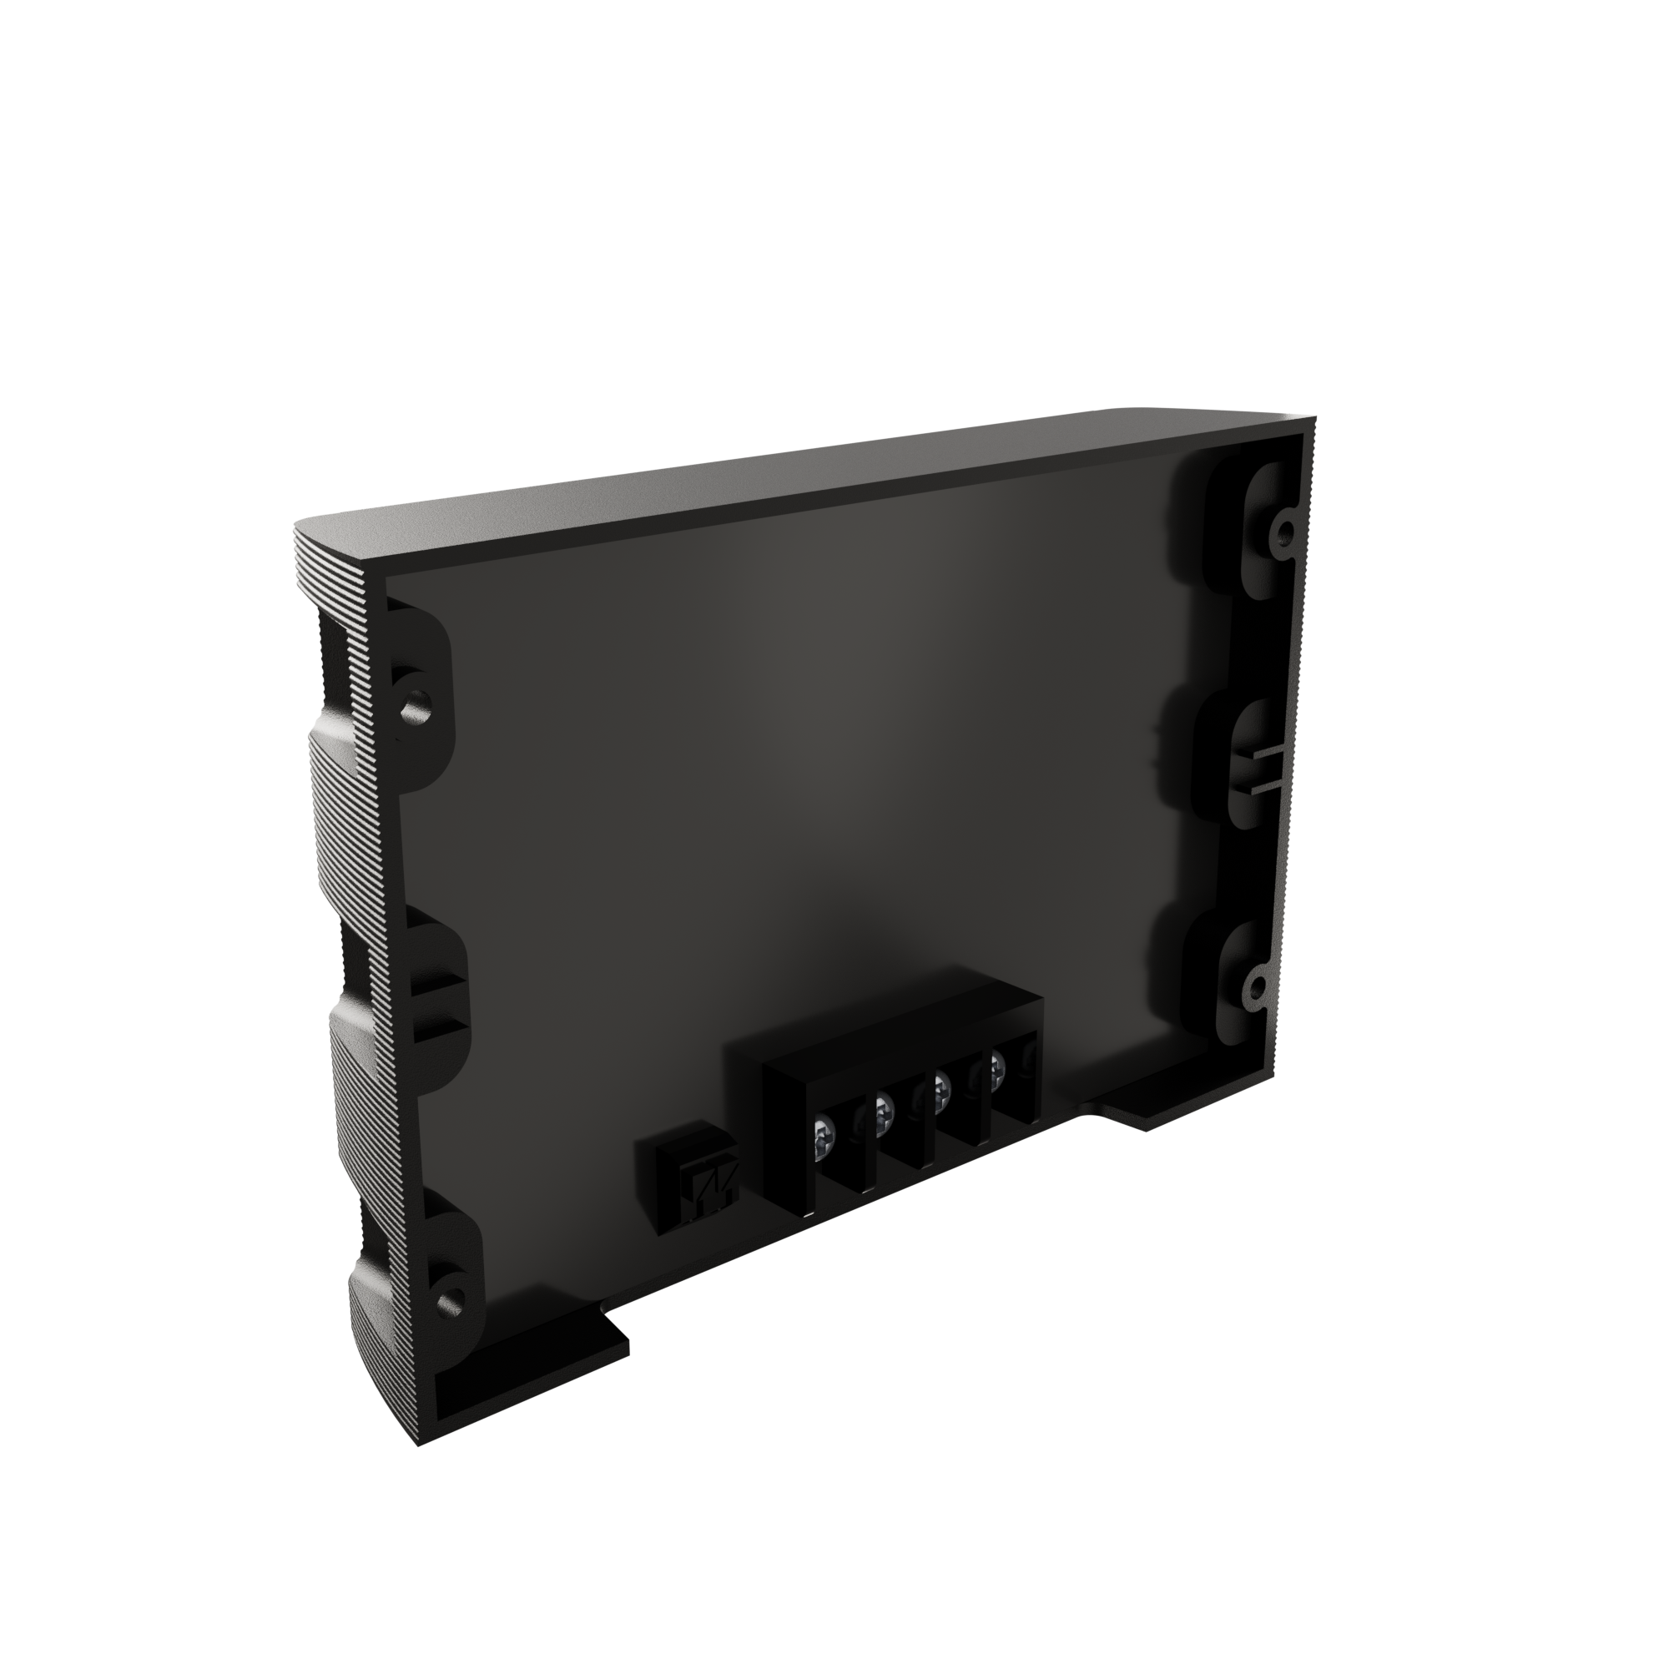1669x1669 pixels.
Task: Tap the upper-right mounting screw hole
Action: click(x=1285, y=528)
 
